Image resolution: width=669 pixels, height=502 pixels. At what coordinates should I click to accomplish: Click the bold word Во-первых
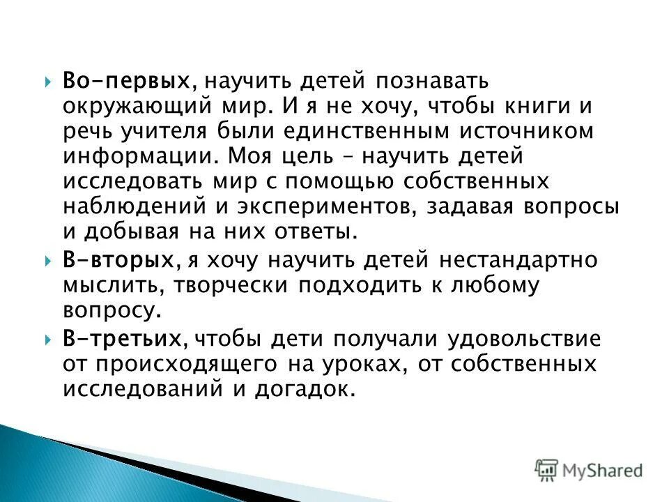[127, 81]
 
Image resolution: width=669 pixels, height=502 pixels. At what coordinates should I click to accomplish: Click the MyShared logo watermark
[589, 471]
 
